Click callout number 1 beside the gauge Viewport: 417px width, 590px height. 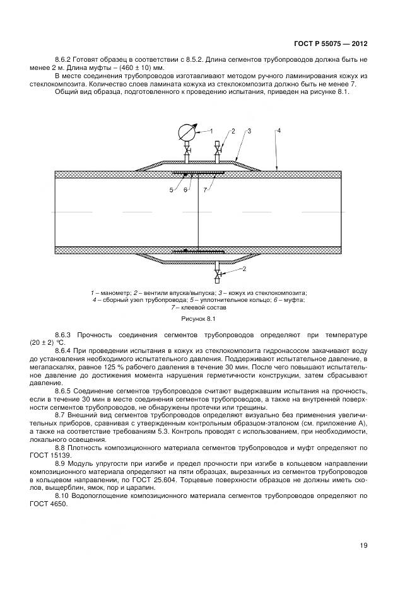click(211, 130)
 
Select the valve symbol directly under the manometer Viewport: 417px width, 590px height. click(187, 152)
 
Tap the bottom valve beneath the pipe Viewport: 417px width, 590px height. click(218, 275)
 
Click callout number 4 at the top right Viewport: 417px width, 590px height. click(279, 130)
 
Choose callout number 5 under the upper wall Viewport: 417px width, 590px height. click(171, 189)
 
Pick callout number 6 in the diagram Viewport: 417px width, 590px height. click(185, 189)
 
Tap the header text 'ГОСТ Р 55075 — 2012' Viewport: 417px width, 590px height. click(331, 43)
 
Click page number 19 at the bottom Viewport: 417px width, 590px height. click(363, 546)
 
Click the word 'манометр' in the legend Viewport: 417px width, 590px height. click(108, 293)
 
